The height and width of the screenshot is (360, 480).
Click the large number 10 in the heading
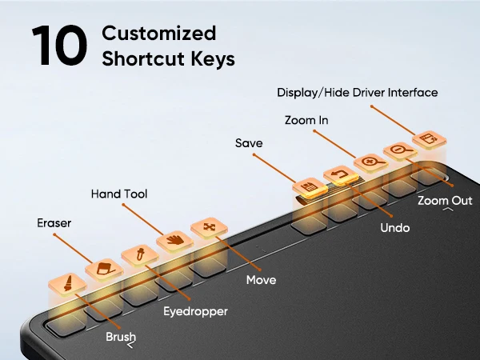59,46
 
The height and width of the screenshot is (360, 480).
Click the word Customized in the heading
159,33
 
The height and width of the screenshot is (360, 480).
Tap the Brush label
121,337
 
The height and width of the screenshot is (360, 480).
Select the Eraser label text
54,223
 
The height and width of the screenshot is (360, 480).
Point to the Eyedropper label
195,312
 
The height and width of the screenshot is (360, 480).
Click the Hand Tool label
119,194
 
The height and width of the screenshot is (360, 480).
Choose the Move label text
261,280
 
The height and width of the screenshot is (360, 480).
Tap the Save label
249,143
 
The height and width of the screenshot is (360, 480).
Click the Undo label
395,228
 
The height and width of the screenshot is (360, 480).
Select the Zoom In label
306,120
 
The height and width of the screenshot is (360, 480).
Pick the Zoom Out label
445,201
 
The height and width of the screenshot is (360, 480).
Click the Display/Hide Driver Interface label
358,93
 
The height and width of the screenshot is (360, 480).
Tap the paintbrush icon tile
68,283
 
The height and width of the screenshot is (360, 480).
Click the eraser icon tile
104,270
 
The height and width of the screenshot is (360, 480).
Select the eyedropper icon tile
140,254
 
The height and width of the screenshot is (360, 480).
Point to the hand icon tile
175,240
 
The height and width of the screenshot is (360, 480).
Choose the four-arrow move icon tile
209,227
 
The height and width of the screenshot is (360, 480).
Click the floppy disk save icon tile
310,186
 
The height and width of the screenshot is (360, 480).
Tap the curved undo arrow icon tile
341,174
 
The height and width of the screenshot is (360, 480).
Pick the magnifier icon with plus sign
371,162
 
